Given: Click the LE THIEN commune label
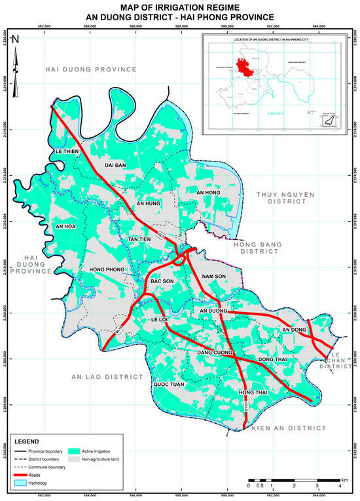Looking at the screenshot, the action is [65, 152].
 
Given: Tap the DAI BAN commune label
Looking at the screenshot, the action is [115, 165].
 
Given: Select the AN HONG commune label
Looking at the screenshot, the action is [209, 193].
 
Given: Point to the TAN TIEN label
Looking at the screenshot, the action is [139, 239].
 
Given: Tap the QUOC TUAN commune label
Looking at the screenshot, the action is [168, 385].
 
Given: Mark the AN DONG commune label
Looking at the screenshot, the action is [294, 330].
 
